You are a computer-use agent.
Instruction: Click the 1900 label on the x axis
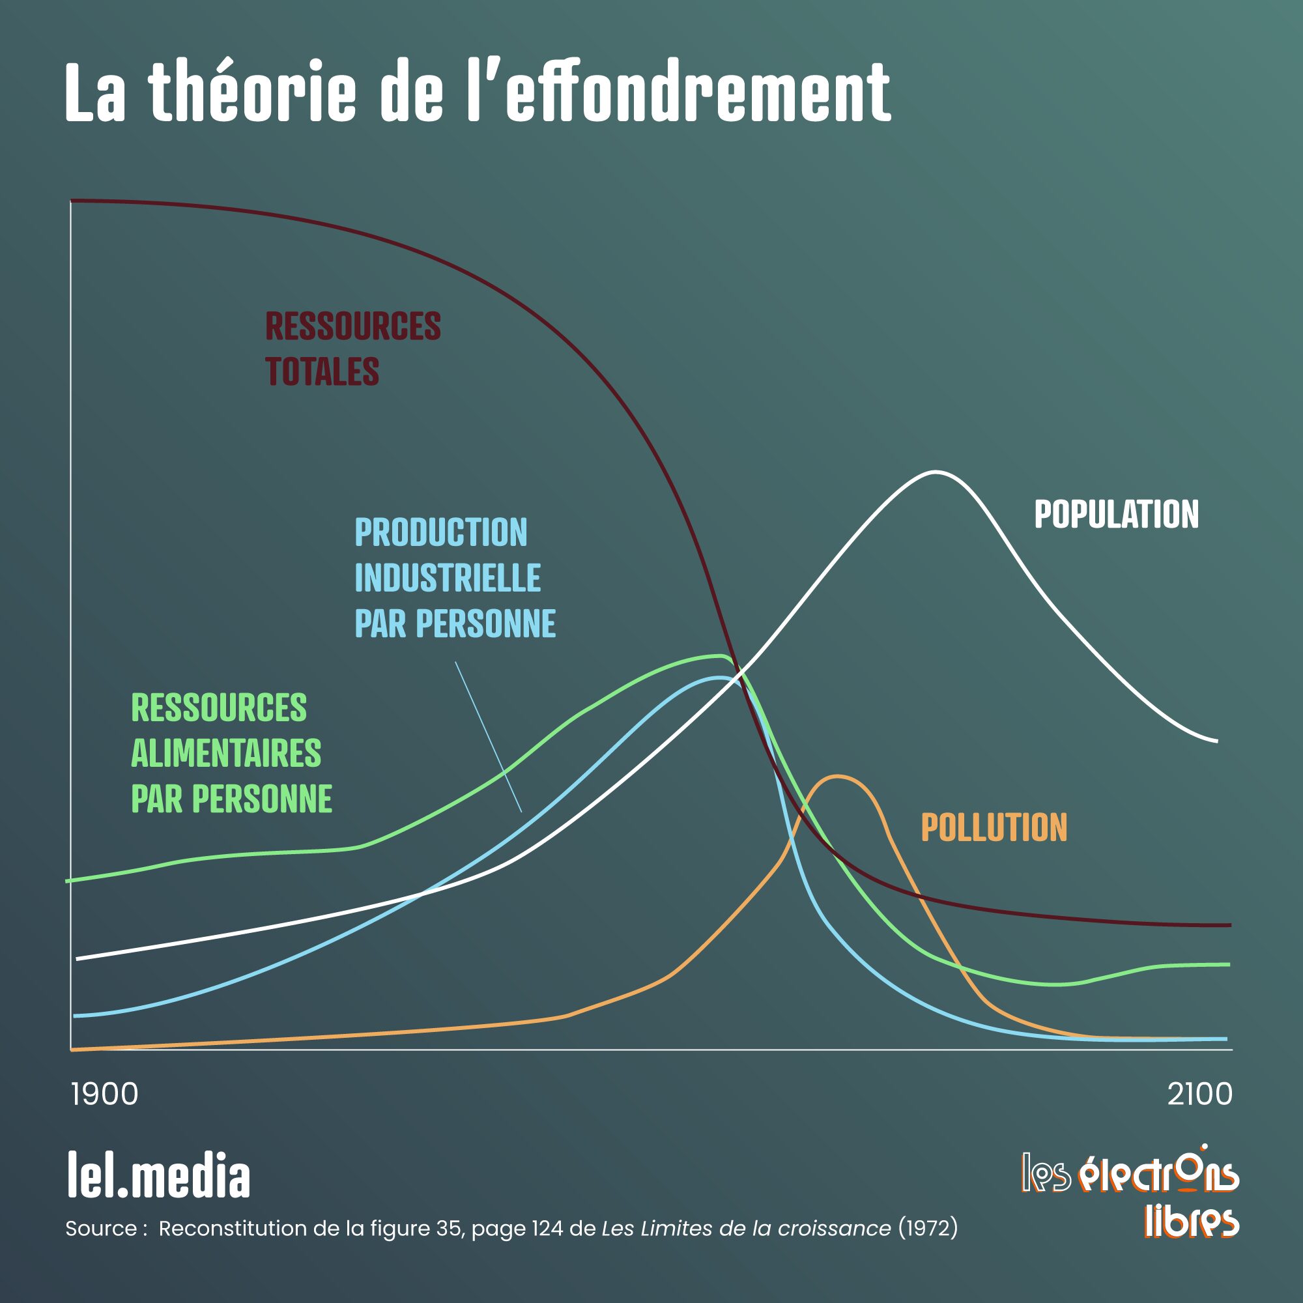click(x=104, y=1094)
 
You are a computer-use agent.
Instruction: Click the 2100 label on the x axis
click(x=1200, y=1094)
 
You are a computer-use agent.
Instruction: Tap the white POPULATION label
click(x=1116, y=515)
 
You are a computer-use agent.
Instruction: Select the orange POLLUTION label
click(x=994, y=827)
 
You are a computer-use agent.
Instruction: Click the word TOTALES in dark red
click(x=322, y=371)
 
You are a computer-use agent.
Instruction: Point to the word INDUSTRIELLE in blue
click(x=448, y=578)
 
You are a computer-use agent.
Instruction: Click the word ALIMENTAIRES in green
click(x=226, y=753)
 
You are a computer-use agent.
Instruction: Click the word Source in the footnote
click(x=101, y=1229)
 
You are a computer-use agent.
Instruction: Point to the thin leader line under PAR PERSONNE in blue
click(x=487, y=735)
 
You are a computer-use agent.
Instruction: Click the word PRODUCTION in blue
click(x=441, y=532)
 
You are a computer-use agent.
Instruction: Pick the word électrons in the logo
click(x=1158, y=1175)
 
